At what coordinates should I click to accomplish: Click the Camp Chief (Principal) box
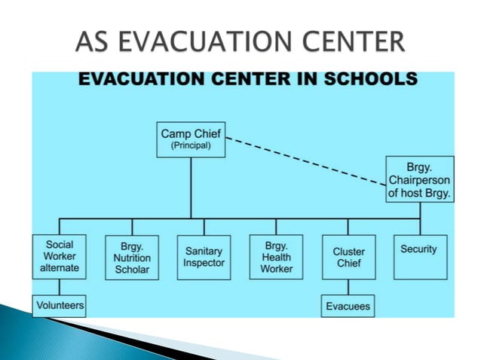click(x=191, y=139)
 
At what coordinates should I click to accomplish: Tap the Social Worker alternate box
click(x=60, y=257)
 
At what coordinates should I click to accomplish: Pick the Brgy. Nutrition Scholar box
click(x=132, y=258)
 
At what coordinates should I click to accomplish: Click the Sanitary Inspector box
click(x=204, y=258)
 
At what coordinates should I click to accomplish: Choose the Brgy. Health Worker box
click(x=276, y=257)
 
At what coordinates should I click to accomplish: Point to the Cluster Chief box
click(x=348, y=258)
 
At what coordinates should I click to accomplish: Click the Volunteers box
click(x=60, y=306)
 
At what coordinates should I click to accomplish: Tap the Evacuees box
click(x=348, y=307)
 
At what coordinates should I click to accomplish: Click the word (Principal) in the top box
click(x=191, y=146)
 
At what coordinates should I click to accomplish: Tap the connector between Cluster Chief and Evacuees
click(x=348, y=288)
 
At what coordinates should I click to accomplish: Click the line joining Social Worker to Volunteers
click(x=60, y=287)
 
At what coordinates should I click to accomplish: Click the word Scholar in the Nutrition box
click(x=132, y=270)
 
